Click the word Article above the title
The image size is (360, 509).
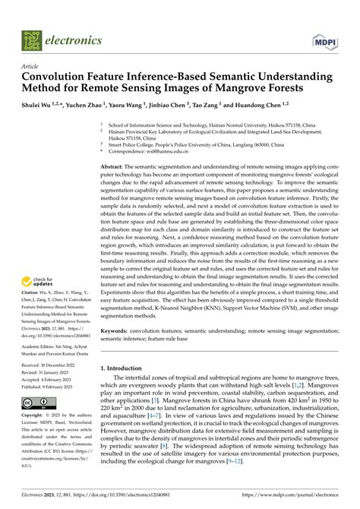point(31,66)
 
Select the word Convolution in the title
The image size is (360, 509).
point(61,77)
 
